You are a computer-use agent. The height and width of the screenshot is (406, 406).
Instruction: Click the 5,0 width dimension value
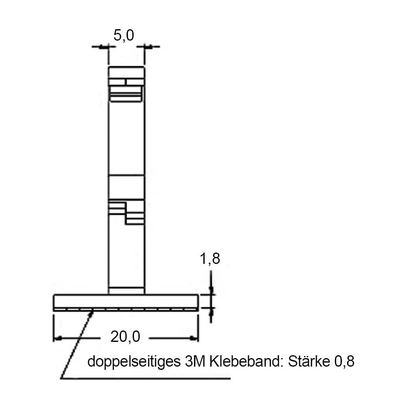tap(123, 36)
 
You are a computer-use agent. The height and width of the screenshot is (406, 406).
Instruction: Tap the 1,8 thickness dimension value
tap(210, 259)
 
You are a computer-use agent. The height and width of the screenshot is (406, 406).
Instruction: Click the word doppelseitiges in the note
tap(132, 361)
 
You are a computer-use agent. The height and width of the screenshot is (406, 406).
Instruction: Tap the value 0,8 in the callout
tap(344, 361)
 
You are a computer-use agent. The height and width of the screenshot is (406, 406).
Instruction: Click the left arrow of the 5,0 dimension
tap(104, 47)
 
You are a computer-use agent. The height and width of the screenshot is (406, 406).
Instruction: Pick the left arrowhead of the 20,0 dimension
tap(57, 337)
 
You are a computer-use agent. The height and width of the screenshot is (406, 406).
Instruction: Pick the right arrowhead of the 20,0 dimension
tap(194, 337)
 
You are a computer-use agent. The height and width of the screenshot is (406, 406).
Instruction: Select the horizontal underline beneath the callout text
tap(146, 379)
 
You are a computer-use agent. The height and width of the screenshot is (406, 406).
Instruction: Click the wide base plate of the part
tap(126, 301)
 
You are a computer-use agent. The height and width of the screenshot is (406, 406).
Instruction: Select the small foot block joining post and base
tap(126, 291)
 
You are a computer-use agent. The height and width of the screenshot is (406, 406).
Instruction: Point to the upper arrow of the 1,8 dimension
tap(211, 289)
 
